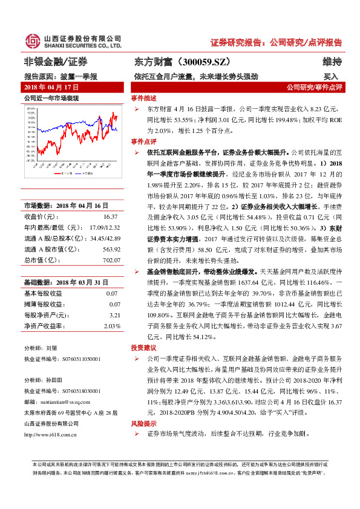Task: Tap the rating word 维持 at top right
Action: pos(332,62)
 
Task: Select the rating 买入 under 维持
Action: pos(331,77)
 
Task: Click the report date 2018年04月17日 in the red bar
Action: pos(50,87)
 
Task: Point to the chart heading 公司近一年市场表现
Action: pos(51,97)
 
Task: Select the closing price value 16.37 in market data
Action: pos(110,216)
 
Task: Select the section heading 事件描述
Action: pos(143,97)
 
